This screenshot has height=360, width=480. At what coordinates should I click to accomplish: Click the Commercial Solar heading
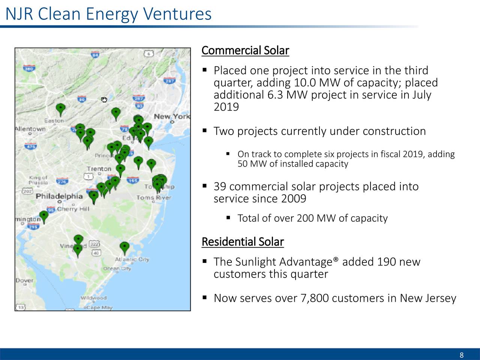[x=245, y=51]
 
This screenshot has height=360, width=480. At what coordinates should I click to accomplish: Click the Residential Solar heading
[x=242, y=242]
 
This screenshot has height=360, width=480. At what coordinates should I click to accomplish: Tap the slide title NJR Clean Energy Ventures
[x=109, y=14]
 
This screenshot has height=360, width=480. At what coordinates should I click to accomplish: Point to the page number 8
[x=461, y=355]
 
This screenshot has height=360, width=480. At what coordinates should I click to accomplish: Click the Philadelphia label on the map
[x=59, y=196]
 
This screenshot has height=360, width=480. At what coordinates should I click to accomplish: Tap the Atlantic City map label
[x=132, y=259]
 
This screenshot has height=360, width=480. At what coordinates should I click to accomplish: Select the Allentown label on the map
[x=30, y=129]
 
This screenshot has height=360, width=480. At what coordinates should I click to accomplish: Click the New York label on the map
[x=172, y=117]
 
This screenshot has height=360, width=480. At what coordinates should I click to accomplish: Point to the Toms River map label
[x=154, y=197]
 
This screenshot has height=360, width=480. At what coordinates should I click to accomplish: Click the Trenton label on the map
[x=99, y=169]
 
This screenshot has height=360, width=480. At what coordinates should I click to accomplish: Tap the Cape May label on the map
[x=99, y=307]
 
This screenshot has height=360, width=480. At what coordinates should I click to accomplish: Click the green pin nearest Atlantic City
[x=124, y=247]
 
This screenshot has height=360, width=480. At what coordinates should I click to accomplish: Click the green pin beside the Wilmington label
[x=44, y=216]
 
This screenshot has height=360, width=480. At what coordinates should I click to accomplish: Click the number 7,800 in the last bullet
[x=315, y=298]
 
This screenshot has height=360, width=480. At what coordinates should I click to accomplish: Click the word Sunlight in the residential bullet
[x=256, y=262]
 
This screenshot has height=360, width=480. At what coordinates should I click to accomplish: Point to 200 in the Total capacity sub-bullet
[x=305, y=218]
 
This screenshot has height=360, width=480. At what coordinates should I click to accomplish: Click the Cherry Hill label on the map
[x=73, y=209]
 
